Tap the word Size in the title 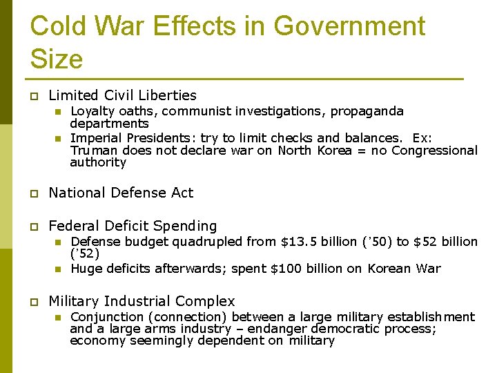[x=57, y=59]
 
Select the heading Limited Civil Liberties [x=122, y=95]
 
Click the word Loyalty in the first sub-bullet [x=92, y=111]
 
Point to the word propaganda [x=367, y=111]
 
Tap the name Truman [x=90, y=150]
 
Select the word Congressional [x=434, y=150]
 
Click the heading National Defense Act [x=121, y=193]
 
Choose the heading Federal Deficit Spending [x=133, y=226]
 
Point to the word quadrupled [x=209, y=242]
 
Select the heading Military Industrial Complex [x=142, y=301]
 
